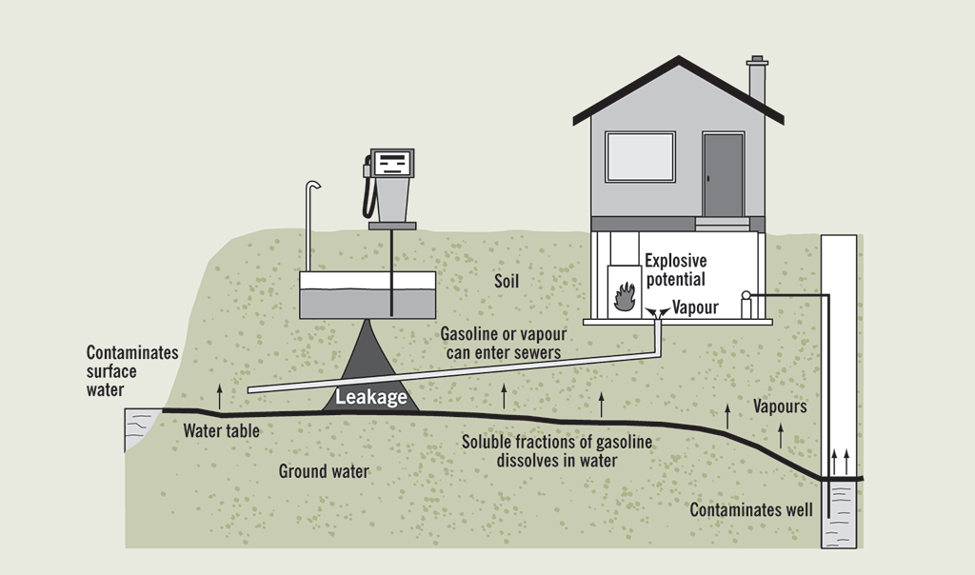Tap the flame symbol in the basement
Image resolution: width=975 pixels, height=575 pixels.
tap(625, 296)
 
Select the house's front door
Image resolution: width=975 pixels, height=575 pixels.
tap(723, 175)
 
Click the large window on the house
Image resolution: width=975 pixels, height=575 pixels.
tap(640, 157)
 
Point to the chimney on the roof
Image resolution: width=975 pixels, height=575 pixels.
tap(757, 80)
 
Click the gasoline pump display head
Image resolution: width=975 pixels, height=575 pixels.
tap(391, 163)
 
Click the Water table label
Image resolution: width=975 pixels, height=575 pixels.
tap(221, 431)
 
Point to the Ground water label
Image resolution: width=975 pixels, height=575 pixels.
tap(324, 471)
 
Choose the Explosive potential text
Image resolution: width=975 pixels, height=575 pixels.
tap(675, 269)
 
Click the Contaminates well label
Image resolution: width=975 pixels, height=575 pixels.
tap(751, 509)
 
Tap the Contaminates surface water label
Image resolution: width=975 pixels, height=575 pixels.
tap(132, 371)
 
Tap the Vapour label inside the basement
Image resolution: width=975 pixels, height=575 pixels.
tap(695, 307)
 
